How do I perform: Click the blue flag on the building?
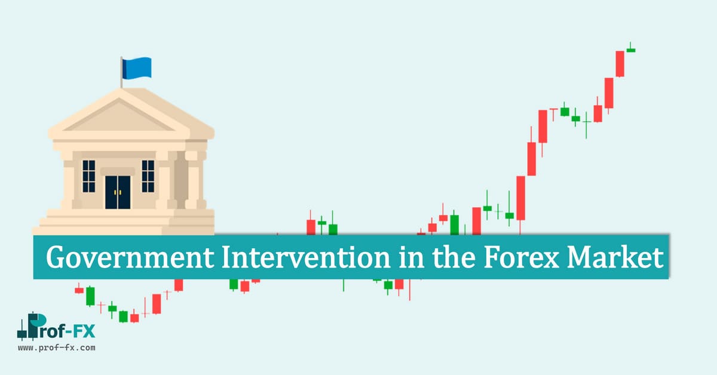(137, 68)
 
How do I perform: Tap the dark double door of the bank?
(118, 192)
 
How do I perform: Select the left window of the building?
(88, 176)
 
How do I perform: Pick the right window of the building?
(148, 176)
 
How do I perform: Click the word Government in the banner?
(130, 257)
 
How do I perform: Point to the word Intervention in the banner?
(306, 257)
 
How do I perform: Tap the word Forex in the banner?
(521, 257)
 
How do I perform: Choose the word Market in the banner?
(615, 257)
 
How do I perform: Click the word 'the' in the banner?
(454, 257)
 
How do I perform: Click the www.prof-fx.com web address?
(57, 348)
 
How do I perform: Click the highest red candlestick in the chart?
(620, 64)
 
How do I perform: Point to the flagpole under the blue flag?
(121, 72)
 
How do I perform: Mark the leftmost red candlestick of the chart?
(79, 290)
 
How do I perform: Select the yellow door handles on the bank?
(118, 192)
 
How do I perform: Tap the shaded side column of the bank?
(181, 180)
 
